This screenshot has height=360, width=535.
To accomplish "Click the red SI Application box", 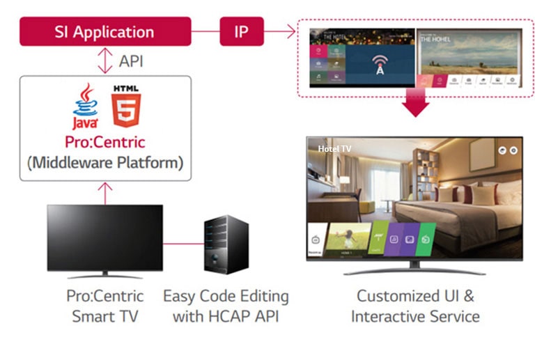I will point(104,31).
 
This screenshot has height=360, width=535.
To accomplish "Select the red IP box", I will point(241,31).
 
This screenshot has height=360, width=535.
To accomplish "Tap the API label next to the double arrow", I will point(131,61).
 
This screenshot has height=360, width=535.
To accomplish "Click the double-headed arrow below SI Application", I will point(105,61).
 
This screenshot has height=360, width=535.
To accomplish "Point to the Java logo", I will point(84,107).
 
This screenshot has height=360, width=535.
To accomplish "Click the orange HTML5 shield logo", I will point(124,107).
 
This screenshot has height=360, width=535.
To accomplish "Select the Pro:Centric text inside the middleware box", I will point(104,142).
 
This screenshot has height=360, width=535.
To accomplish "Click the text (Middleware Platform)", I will point(104,163).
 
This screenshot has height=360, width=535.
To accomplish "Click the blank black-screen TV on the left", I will point(104,237).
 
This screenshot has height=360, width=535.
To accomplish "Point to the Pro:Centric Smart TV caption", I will point(104,306).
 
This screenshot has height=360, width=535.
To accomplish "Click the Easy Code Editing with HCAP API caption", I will point(225,306).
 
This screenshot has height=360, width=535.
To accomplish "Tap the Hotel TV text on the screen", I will point(334,148).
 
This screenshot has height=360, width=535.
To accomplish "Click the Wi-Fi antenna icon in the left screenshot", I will point(379,63).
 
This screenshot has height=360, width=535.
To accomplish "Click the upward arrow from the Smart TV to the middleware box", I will point(105,192).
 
